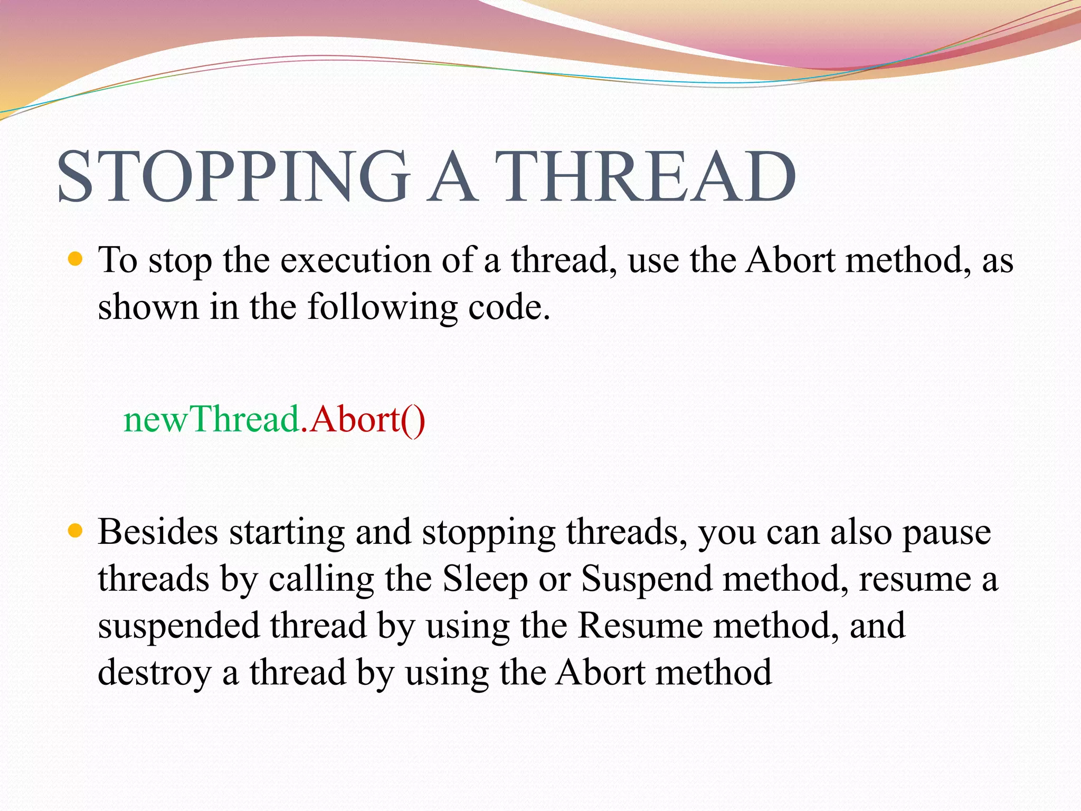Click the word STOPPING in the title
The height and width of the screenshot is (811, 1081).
click(x=232, y=177)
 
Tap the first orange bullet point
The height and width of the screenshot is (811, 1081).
click(x=76, y=259)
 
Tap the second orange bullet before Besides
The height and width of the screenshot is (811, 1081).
click(x=76, y=531)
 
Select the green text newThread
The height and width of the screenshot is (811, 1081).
click(x=211, y=420)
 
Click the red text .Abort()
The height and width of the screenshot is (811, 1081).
click(x=363, y=420)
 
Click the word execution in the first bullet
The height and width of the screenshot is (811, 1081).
click(x=355, y=260)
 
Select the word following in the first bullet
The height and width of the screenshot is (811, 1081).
click(x=383, y=307)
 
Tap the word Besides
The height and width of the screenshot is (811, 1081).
click(x=158, y=532)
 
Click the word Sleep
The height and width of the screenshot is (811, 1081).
click(x=485, y=579)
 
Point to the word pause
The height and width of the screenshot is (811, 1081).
click(x=946, y=533)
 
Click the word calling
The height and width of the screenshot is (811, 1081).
click(x=321, y=579)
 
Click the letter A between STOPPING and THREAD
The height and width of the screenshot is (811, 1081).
click(x=451, y=177)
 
